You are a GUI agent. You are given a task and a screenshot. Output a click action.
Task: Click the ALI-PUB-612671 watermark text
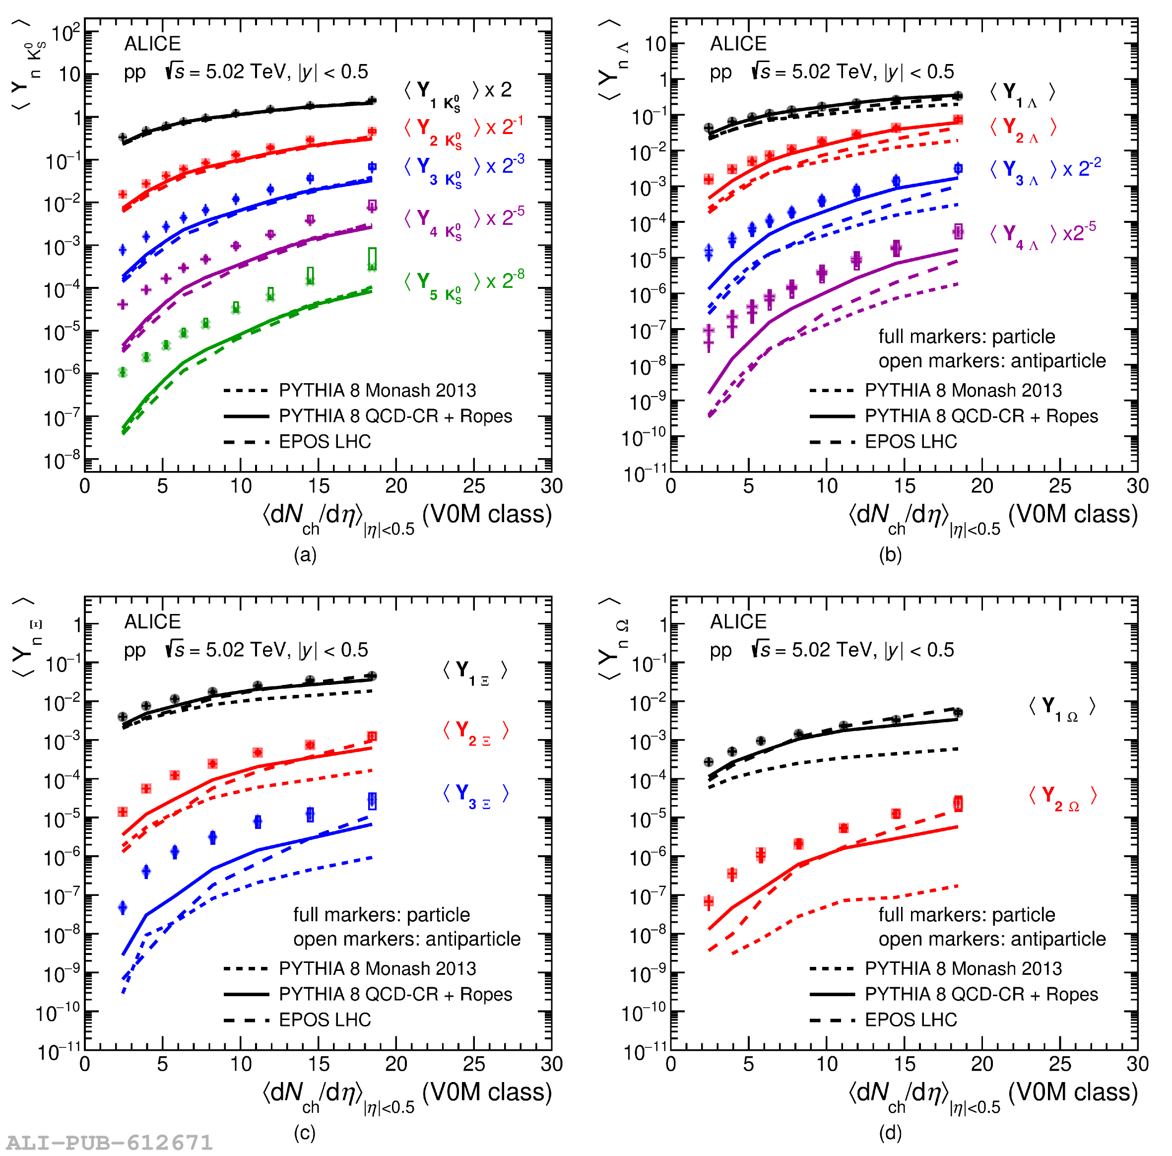pos(109,1142)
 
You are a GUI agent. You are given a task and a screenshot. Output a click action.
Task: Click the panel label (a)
pos(305,554)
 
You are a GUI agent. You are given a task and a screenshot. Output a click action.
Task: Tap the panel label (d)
pos(890,1132)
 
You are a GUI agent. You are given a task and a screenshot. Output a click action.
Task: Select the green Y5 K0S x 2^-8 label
pos(464,282)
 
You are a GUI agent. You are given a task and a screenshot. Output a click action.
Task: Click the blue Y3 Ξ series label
pos(475,794)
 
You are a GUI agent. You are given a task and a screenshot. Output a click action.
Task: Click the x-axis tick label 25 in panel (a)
pos(474,486)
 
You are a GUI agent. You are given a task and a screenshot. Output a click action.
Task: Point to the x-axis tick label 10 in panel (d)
pos(826,1064)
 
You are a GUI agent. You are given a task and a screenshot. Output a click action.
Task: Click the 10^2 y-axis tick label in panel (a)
pos(65,32)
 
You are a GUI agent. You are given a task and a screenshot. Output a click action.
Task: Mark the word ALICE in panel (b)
pos(738,44)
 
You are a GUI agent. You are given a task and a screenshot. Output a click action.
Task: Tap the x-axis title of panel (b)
pos(992,516)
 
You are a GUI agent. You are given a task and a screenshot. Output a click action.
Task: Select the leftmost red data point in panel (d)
pos(709,902)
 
